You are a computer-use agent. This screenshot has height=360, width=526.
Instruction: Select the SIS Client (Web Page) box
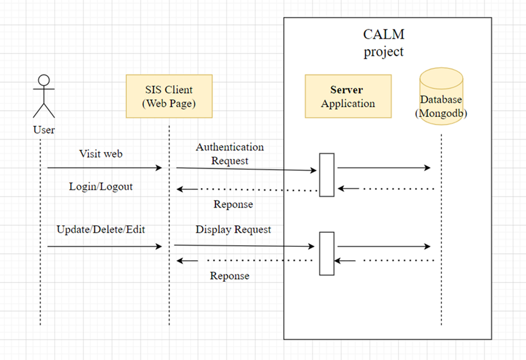click(169, 96)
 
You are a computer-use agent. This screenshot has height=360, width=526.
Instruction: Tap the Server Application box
click(347, 96)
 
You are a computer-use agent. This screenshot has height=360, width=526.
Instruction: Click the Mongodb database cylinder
click(441, 97)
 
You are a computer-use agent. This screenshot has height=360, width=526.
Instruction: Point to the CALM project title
click(383, 43)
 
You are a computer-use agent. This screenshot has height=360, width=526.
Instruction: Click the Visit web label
click(100, 154)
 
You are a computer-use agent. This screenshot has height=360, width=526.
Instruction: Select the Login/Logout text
click(100, 186)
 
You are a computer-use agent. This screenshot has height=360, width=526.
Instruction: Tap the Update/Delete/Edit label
click(101, 230)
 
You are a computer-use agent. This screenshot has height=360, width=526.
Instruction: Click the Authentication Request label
click(229, 154)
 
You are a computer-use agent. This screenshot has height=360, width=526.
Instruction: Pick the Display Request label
click(233, 230)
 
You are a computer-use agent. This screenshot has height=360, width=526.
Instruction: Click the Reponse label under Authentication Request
click(233, 205)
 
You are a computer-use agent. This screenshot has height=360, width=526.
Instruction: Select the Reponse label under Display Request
click(229, 276)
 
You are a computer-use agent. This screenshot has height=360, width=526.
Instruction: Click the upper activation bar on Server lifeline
click(327, 175)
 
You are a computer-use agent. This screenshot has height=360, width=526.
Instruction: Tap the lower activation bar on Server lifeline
click(327, 254)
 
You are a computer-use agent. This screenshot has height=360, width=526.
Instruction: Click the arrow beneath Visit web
click(105, 168)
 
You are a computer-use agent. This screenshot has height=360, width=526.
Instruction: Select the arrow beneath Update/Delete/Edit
click(105, 246)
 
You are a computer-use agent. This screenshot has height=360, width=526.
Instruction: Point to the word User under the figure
click(44, 130)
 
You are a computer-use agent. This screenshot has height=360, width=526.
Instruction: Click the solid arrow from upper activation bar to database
click(384, 168)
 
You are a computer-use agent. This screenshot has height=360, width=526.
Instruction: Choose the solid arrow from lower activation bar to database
click(384, 246)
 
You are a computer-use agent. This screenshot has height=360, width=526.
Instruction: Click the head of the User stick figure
click(44, 80)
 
